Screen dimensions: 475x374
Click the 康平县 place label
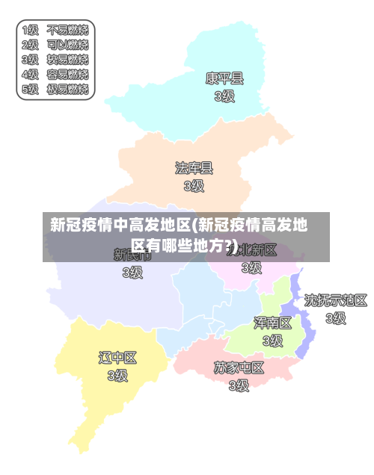click(x=224, y=78)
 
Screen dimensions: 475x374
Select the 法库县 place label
click(x=194, y=167)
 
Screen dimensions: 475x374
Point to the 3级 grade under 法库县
click(x=194, y=185)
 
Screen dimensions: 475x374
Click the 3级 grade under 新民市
click(x=132, y=272)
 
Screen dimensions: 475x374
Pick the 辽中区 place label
click(x=117, y=358)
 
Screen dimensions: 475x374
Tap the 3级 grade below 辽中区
click(x=117, y=376)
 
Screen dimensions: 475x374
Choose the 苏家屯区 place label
click(x=239, y=367)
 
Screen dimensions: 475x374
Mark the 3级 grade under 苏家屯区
click(x=239, y=385)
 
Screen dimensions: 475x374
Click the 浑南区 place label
click(x=272, y=323)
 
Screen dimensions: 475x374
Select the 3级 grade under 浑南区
click(x=272, y=341)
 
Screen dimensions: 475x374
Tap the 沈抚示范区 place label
click(x=336, y=300)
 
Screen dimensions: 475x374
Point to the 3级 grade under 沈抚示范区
click(x=336, y=318)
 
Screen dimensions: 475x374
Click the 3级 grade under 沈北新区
click(x=251, y=267)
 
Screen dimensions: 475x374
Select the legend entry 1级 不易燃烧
click(x=55, y=31)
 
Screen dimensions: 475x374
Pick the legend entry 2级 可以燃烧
click(x=55, y=45)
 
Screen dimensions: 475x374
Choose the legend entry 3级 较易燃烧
click(x=55, y=60)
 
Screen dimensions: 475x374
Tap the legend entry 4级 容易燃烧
click(x=55, y=75)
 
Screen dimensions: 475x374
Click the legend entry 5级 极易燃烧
click(x=55, y=90)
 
